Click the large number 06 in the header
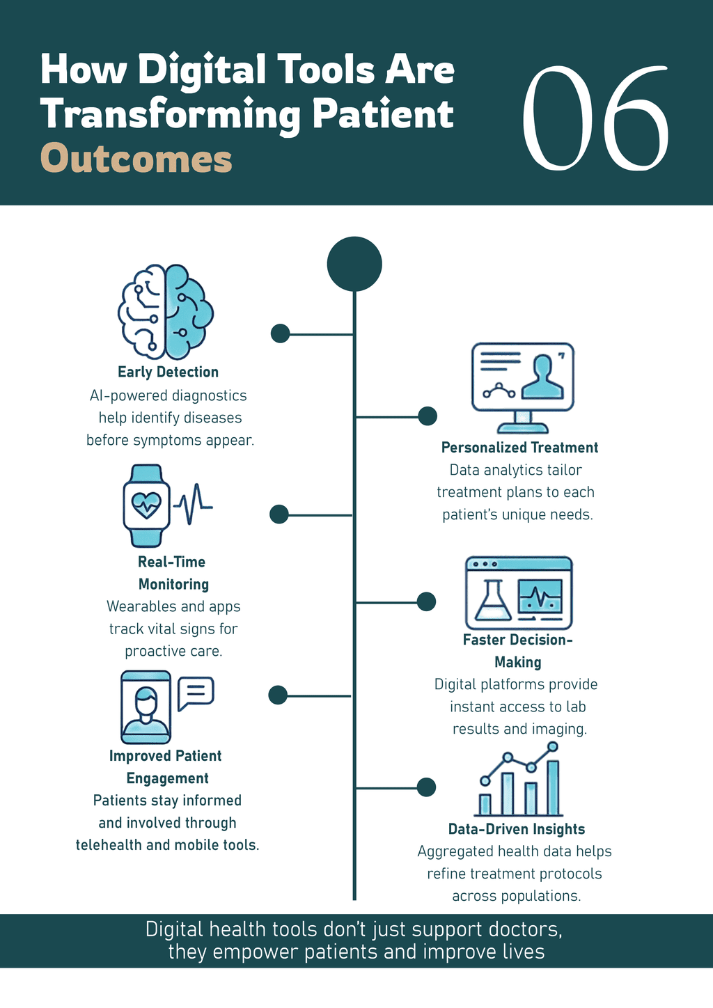coord(595,118)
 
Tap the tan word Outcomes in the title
coord(136,159)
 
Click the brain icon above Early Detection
coord(166,311)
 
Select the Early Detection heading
coord(168,372)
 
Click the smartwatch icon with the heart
coord(146,505)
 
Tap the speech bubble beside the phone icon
coord(196,693)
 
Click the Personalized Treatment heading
coord(519,448)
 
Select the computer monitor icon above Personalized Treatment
coord(522,386)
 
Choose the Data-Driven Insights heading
coord(516,829)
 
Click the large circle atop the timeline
coord(354,264)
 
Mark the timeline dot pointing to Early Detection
coord(280,333)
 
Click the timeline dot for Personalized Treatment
coord(428,416)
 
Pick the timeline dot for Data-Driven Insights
coord(426,787)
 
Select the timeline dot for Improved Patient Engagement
coord(278,695)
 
